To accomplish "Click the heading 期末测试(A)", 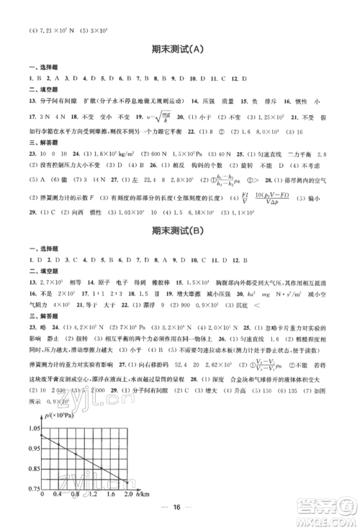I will (179, 49).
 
